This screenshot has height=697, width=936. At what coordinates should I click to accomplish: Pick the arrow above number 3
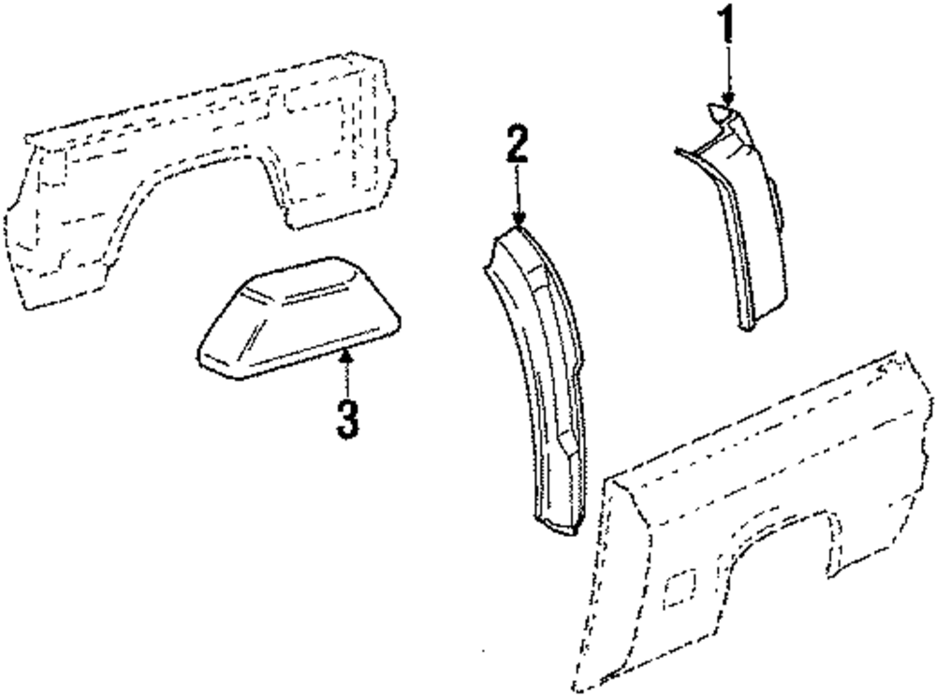click(x=347, y=370)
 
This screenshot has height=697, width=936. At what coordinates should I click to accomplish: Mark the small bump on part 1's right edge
click(x=780, y=201)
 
